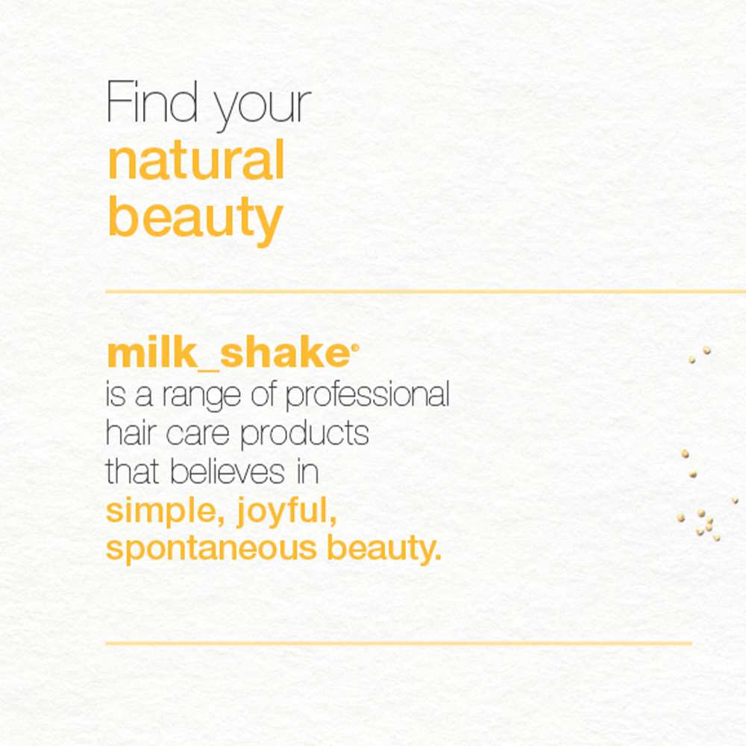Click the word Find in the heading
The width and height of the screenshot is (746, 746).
click(x=151, y=101)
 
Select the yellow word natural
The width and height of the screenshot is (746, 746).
click(x=196, y=160)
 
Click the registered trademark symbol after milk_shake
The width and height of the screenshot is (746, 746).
click(x=355, y=348)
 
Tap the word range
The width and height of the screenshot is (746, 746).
click(x=201, y=397)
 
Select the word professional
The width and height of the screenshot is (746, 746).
click(x=367, y=395)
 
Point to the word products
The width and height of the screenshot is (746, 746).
click(x=304, y=434)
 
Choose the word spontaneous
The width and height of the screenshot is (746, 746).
click(x=211, y=549)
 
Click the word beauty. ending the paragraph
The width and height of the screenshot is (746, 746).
click(x=384, y=548)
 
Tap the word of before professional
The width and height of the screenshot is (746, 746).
click(x=263, y=394)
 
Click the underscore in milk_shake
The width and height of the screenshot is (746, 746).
click(x=208, y=369)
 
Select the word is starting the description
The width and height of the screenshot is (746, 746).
click(x=116, y=395)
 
